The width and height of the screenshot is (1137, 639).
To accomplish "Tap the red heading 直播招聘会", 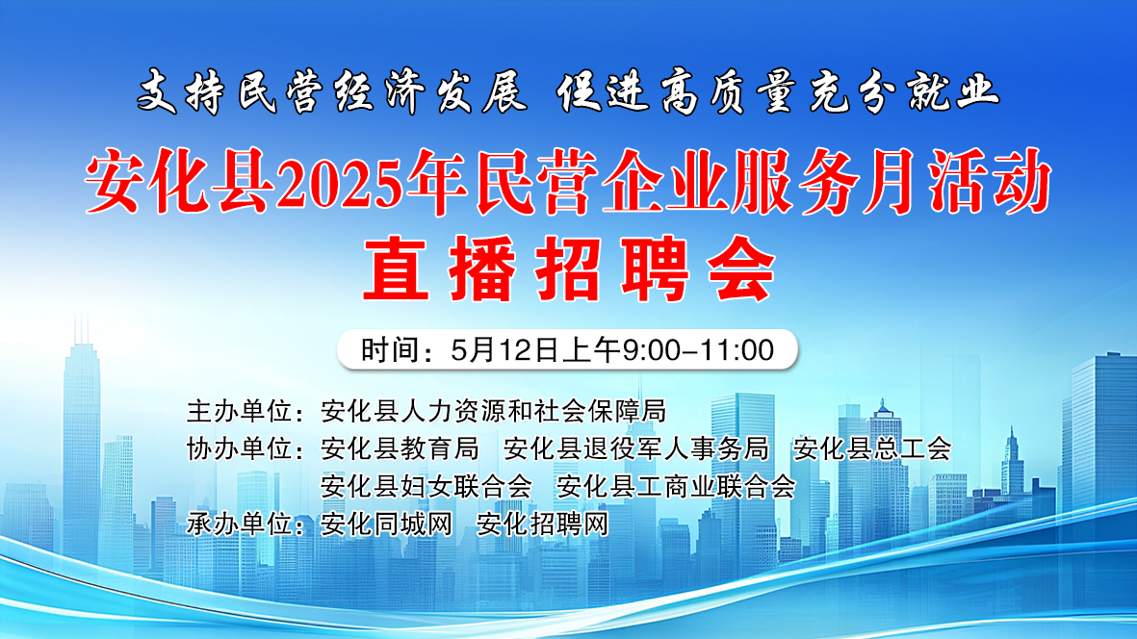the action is (x=569, y=269).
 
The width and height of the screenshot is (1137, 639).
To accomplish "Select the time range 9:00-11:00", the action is (x=698, y=350).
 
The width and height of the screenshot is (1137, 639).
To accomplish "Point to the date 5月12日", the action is (x=504, y=350).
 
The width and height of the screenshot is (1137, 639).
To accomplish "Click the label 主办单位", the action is (x=240, y=411).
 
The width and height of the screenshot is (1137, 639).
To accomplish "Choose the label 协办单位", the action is (x=240, y=448).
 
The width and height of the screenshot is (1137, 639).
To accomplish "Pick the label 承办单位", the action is (x=240, y=524).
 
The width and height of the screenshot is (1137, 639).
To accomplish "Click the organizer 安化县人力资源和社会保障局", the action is (x=493, y=411).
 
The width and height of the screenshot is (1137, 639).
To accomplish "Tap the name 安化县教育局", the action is (x=400, y=448).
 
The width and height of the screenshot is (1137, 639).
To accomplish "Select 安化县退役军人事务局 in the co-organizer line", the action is (x=636, y=448).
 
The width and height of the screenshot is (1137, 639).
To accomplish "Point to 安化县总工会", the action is (x=871, y=448).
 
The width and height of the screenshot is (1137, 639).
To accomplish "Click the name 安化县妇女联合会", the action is (x=426, y=486).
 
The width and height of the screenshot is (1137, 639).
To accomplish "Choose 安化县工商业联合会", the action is (x=676, y=486).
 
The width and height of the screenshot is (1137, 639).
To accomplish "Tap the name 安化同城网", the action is (x=386, y=524).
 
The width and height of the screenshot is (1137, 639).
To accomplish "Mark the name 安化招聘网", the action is (x=542, y=524).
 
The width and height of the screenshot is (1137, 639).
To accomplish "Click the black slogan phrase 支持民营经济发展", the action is (x=331, y=92).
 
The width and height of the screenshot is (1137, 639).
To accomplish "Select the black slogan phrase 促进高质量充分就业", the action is (x=779, y=92).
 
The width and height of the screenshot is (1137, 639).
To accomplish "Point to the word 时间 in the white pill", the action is (x=388, y=350).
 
